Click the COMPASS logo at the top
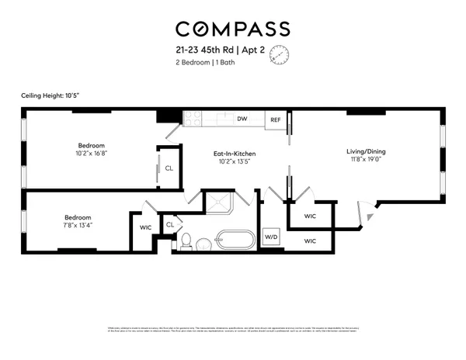[x=232, y=29]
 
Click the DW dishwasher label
[x=242, y=119]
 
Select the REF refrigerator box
[x=275, y=120]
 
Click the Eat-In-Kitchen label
[x=235, y=154]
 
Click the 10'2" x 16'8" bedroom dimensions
[x=91, y=154]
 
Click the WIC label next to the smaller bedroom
[x=145, y=227]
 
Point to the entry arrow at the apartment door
[x=370, y=218]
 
